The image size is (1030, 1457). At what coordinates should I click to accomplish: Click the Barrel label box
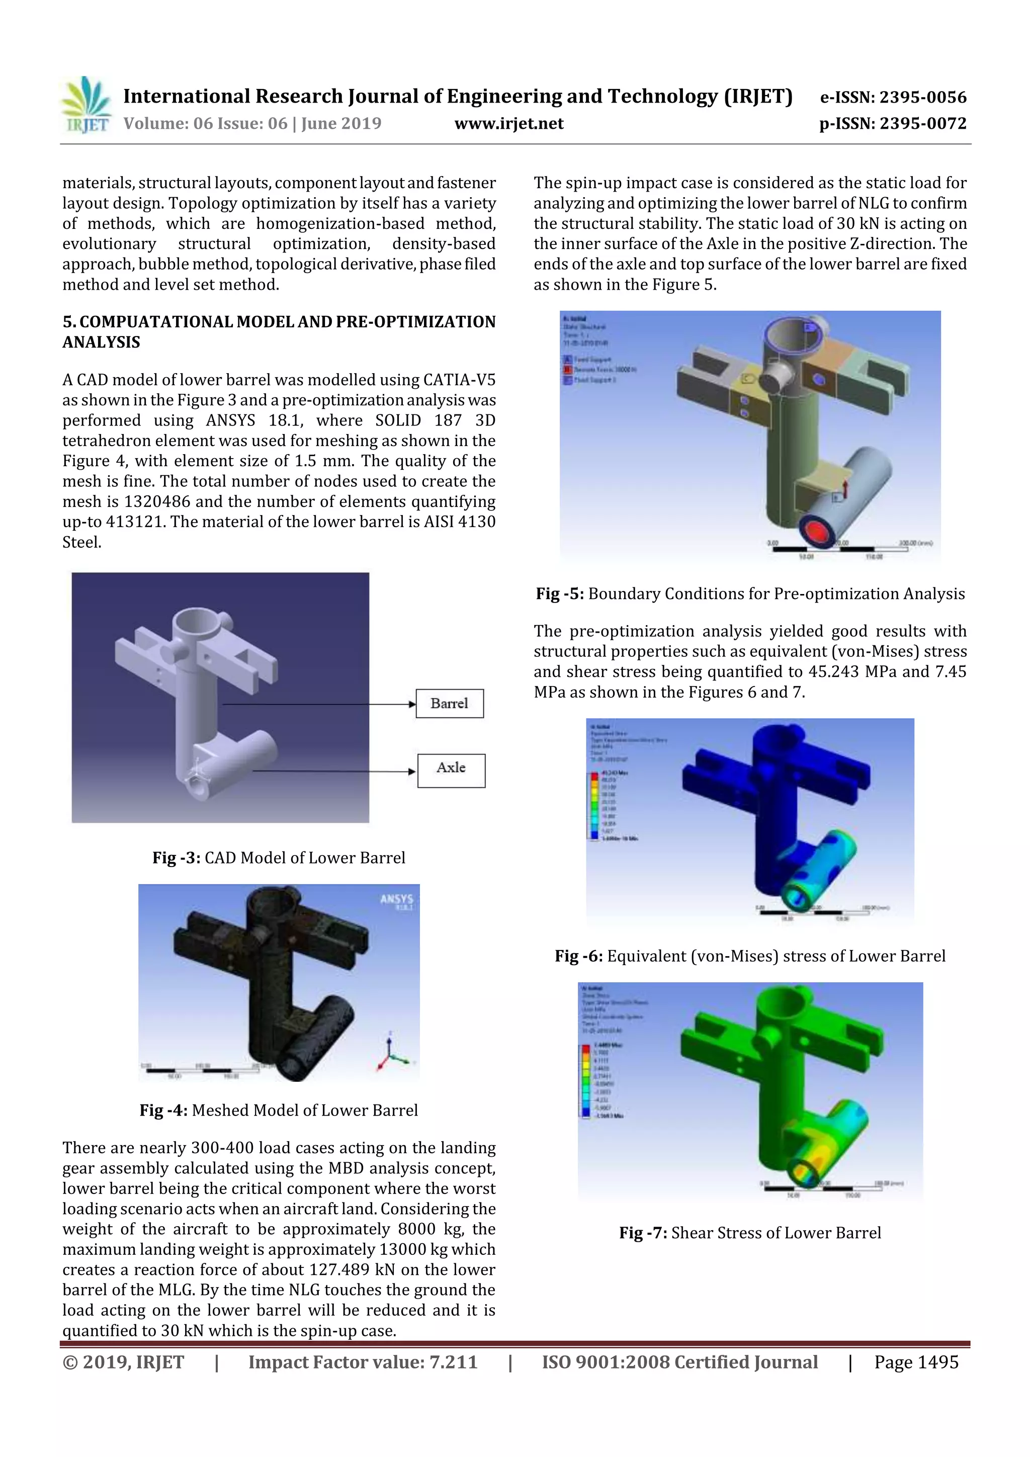pyautogui.click(x=449, y=703)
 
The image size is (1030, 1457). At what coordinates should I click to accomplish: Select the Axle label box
pyautogui.click(x=451, y=770)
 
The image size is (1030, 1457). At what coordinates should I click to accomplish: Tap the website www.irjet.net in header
pyautogui.click(x=509, y=124)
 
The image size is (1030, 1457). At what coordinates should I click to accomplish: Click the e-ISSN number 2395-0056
pyautogui.click(x=922, y=97)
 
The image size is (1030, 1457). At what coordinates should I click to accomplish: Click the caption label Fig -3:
pyautogui.click(x=177, y=858)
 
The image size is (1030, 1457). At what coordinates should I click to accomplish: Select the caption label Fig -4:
pyautogui.click(x=163, y=1110)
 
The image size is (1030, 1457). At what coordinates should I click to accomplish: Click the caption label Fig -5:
pyautogui.click(x=560, y=594)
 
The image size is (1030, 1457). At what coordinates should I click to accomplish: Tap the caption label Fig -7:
pyautogui.click(x=643, y=1233)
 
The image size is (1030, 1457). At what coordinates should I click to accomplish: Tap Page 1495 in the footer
pyautogui.click(x=916, y=1362)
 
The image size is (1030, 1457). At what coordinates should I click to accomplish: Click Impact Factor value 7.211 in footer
pyautogui.click(x=363, y=1362)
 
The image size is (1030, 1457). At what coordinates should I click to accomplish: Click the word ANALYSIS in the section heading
pyautogui.click(x=101, y=342)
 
